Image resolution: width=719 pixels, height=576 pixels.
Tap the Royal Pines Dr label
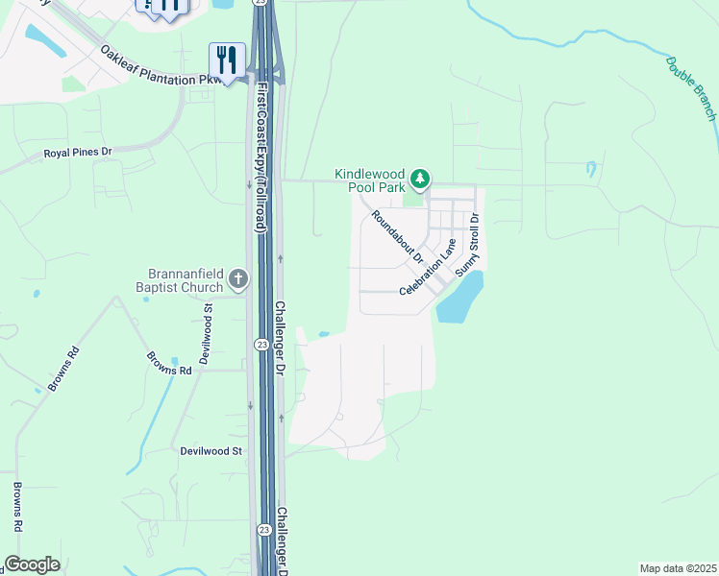click(x=78, y=153)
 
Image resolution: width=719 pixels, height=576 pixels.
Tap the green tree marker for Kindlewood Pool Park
click(x=419, y=179)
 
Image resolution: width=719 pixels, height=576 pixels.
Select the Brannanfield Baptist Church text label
click(x=186, y=279)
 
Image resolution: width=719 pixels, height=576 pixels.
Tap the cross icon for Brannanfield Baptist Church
click(x=238, y=280)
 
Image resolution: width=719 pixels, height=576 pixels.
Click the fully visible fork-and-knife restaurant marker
click(x=227, y=60)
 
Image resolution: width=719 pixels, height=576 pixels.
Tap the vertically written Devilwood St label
click(x=207, y=333)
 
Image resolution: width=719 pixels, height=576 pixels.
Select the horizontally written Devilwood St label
click(x=211, y=450)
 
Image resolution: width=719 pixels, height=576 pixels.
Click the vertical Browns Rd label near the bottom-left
click(x=17, y=506)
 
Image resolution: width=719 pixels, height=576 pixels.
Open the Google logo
click(x=33, y=564)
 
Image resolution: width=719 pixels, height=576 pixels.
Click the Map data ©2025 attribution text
click(x=677, y=567)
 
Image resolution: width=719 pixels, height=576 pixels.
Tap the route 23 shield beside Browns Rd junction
click(x=261, y=345)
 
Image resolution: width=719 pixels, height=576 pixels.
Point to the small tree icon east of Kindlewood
click(x=590, y=169)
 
